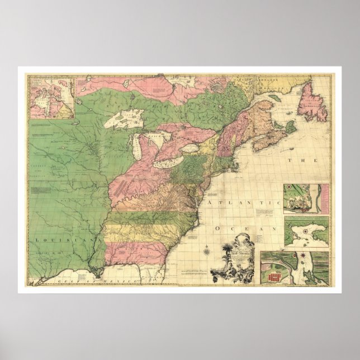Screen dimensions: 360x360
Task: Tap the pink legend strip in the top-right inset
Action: (x=323, y=198)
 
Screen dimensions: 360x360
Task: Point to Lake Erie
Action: (x=168, y=163)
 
